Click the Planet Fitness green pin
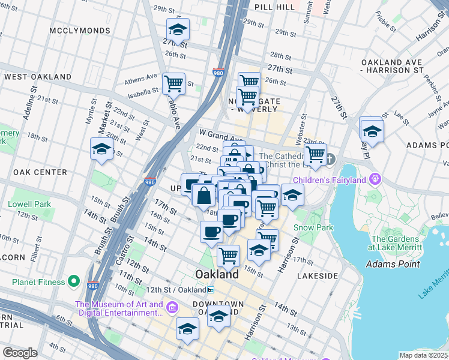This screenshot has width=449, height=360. point(74,281)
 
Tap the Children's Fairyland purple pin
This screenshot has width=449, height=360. point(376,179)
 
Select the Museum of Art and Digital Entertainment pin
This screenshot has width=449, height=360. point(172,308)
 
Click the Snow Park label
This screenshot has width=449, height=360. point(311,227)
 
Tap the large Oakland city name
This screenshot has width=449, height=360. point(217,274)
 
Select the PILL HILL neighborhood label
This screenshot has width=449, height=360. point(274,7)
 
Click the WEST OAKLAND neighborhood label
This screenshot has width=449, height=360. point(38,77)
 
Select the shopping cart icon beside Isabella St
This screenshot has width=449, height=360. point(173,83)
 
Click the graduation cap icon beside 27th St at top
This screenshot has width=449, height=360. point(178,29)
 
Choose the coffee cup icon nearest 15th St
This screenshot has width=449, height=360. point(211,232)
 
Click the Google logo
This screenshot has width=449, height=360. point(19,353)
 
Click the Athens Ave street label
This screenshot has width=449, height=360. point(140,80)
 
